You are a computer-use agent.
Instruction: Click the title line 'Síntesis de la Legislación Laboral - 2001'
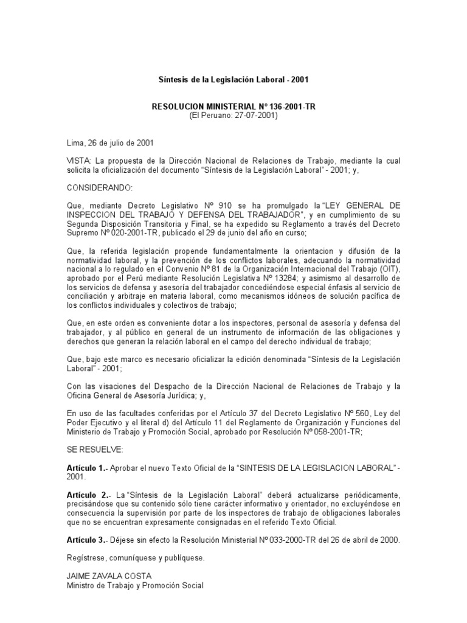coord(233,80)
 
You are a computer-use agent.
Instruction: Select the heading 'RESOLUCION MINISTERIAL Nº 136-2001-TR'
coord(233,106)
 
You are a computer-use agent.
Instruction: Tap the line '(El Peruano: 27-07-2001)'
coord(233,115)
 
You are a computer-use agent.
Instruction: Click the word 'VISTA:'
coord(78,159)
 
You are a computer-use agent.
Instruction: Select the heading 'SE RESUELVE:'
coord(94,449)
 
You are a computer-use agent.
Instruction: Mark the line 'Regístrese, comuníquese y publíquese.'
coord(135,557)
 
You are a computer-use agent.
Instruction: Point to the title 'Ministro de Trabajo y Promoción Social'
coord(135,585)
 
